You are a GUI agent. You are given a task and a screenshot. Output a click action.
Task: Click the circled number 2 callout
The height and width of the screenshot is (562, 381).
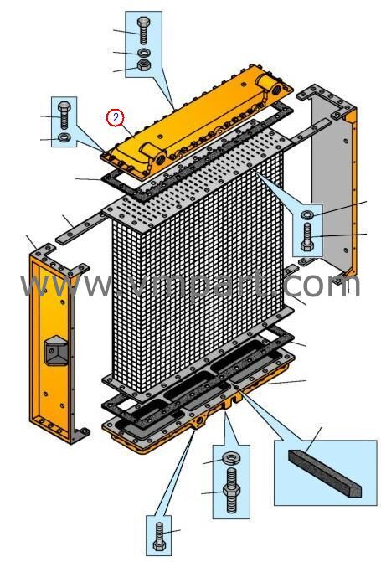pos(115,117)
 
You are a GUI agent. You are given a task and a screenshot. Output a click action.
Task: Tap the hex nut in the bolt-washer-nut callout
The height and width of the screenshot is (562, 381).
pos(144,64)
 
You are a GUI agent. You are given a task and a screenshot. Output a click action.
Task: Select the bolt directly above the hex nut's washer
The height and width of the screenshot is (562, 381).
pos(143,30)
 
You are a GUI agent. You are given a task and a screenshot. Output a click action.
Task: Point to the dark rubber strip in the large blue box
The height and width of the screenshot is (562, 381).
pos(325,473)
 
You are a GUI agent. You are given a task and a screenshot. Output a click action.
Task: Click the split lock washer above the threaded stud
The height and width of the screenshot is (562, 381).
pos(230,457)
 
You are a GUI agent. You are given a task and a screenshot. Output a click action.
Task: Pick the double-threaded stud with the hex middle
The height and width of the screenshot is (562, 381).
pos(231,490)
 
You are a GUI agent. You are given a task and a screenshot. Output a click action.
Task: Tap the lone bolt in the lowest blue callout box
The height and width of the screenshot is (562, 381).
pos(159,537)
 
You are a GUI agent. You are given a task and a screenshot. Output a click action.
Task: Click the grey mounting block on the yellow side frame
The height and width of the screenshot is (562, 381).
pos(56,350)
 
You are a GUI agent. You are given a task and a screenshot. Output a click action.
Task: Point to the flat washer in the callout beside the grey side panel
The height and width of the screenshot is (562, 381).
pos(307,215)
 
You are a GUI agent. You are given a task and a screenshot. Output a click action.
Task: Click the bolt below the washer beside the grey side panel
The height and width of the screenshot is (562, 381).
pos(307,236)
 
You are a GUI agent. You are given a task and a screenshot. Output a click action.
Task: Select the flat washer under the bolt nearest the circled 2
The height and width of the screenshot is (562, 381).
pos(64,137)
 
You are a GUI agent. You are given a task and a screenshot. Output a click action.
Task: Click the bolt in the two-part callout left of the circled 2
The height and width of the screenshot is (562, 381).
pos(64,115)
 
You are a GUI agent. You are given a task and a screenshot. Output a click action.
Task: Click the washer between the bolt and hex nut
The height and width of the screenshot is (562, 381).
pos(144,53)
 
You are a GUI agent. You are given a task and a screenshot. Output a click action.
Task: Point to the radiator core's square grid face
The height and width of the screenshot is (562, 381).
pos(198,272)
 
